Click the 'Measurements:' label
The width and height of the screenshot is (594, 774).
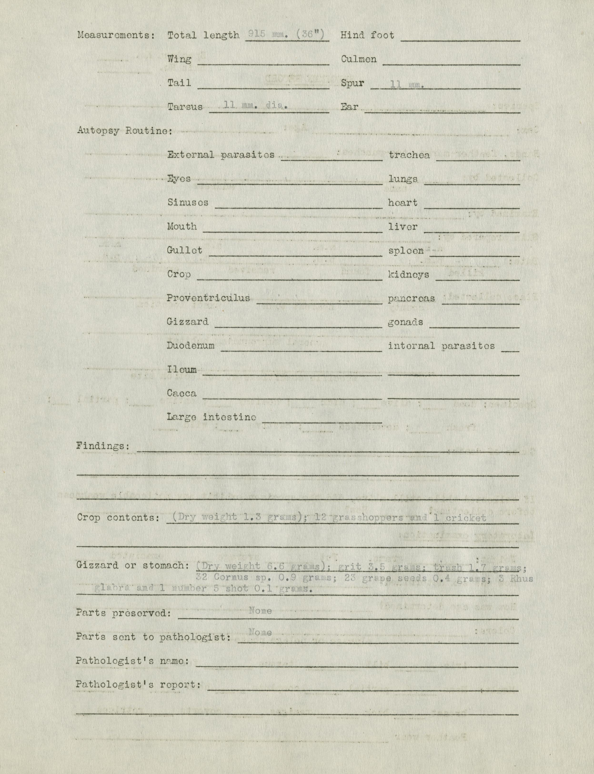click(116, 35)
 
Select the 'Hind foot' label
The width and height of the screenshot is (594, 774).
click(367, 35)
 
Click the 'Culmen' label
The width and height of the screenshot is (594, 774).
click(358, 59)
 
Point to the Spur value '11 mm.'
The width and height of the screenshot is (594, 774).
click(407, 84)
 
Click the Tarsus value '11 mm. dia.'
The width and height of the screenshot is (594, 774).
click(256, 105)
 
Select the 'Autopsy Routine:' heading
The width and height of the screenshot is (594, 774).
click(125, 131)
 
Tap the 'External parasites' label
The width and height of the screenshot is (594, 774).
click(221, 155)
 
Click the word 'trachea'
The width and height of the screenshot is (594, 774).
click(409, 155)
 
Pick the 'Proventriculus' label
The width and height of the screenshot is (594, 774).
click(208, 298)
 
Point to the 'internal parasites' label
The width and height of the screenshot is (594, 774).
click(441, 346)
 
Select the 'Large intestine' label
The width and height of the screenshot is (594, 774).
click(211, 417)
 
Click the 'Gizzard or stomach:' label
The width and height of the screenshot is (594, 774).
click(130, 565)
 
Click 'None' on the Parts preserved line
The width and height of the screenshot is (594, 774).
click(260, 611)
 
